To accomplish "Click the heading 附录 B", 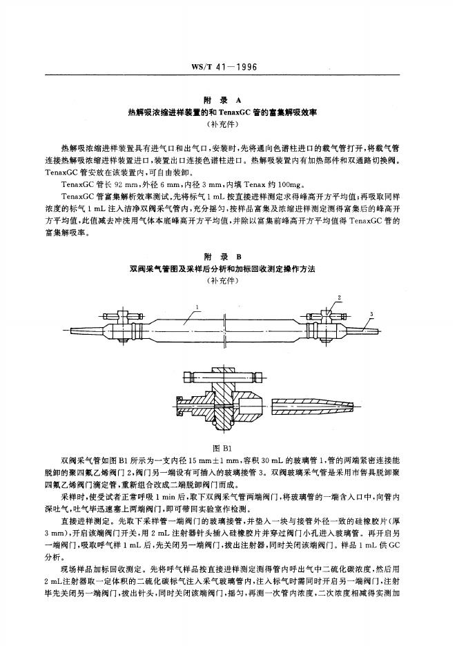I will click(228, 256).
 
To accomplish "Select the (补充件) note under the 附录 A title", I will click(228, 124).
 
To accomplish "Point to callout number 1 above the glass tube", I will click(197, 307).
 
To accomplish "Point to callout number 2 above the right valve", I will click(339, 298).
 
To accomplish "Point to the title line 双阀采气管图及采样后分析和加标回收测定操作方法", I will click(228, 268).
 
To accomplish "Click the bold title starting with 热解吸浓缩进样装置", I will click(228, 112).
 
